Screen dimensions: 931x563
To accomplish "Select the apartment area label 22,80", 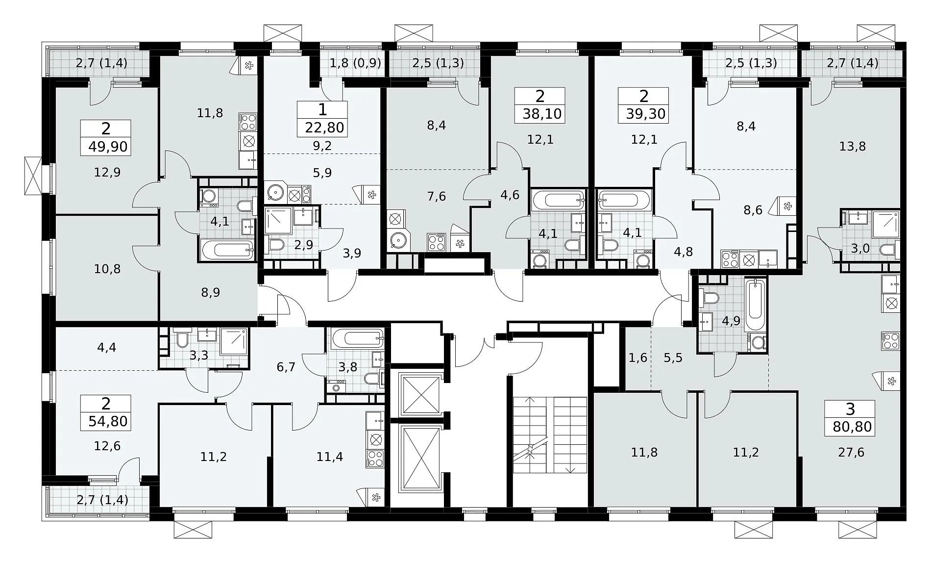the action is [324, 128].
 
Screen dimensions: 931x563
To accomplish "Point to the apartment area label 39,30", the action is [646, 114].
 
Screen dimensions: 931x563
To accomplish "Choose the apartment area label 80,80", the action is [853, 427].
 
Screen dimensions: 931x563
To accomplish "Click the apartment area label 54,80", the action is [108, 421].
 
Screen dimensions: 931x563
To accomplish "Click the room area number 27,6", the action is [852, 452].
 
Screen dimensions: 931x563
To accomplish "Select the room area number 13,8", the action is [853, 146].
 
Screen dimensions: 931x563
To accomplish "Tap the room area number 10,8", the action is [107, 269].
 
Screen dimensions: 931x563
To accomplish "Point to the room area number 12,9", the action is [107, 172].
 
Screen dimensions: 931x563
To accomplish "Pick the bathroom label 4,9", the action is [731, 321].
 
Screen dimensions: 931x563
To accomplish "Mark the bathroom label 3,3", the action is [199, 355].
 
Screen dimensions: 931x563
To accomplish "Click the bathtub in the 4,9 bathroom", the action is [755, 305].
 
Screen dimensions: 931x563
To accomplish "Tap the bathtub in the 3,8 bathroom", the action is [356, 338].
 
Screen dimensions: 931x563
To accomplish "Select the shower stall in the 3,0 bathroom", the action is [886, 225].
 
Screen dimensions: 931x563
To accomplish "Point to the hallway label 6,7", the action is [286, 367].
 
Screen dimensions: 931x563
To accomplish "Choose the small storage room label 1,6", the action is [638, 358].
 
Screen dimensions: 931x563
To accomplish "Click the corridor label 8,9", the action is [211, 293].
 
